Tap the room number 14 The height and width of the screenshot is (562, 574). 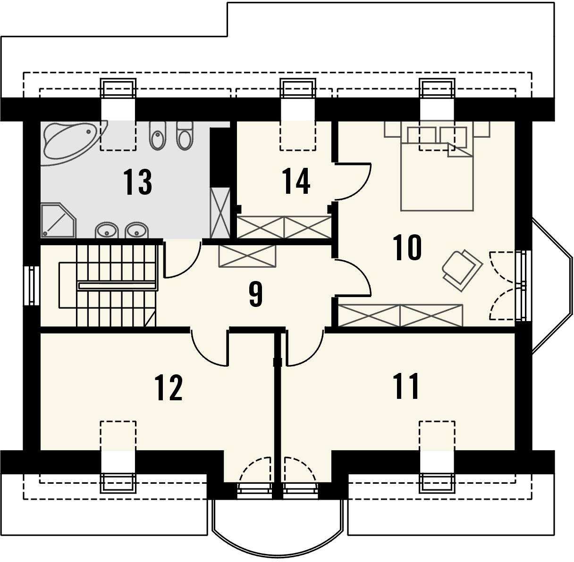click(296, 181)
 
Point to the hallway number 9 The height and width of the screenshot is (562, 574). click(254, 295)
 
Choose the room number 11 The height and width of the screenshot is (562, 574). click(406, 386)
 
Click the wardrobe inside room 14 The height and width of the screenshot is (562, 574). click(283, 227)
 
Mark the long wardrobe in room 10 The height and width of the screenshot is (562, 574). click(400, 315)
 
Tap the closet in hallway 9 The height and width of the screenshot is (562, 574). click(247, 256)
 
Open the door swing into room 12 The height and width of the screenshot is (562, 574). click(210, 348)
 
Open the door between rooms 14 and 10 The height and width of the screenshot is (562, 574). click(352, 182)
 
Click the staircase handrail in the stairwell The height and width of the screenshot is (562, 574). click(117, 285)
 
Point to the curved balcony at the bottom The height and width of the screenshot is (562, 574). click(278, 523)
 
